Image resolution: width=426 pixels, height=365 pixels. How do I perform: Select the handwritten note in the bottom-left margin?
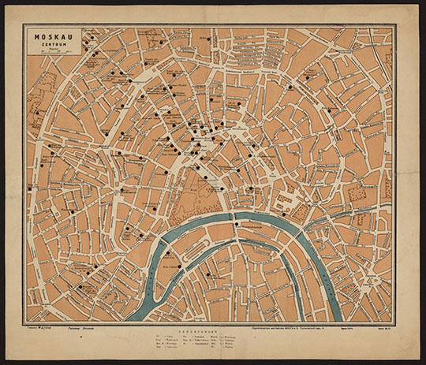tap(35, 324)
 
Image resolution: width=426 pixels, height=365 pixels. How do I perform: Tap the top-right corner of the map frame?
tap(393, 25)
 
